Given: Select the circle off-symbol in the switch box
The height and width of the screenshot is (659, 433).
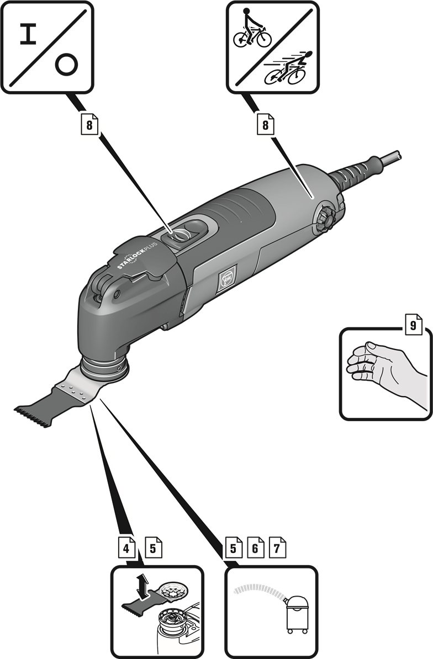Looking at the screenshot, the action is click(x=66, y=65).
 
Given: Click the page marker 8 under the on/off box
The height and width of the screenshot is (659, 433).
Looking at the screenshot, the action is click(x=89, y=125).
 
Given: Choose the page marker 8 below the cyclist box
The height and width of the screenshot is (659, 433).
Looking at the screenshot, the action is click(x=266, y=125).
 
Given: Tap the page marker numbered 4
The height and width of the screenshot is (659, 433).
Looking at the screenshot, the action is click(x=126, y=548).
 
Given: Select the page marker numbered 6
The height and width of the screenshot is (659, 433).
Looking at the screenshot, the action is click(x=256, y=548).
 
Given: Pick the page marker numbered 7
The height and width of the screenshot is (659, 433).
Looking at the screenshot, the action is click(x=277, y=548).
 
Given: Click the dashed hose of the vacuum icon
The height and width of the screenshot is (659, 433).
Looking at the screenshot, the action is click(x=260, y=589).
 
